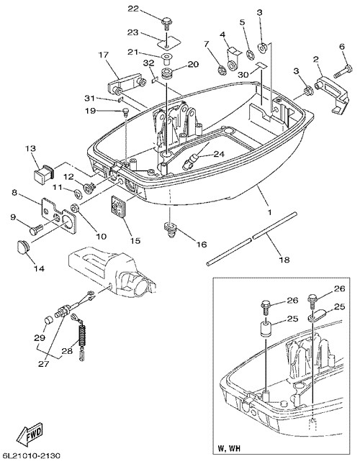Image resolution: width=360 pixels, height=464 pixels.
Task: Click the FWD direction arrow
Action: coord(30,435)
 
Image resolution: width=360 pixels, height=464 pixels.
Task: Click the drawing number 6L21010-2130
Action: coord(32,455)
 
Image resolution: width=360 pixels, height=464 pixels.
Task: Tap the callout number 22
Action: coord(133,9)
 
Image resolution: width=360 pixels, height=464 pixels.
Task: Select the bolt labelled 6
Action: coord(343,70)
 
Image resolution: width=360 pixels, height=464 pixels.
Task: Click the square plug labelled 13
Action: coord(43,172)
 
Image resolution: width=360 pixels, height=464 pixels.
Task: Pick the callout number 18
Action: coord(284,260)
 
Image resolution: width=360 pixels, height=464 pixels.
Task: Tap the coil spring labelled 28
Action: coord(81,337)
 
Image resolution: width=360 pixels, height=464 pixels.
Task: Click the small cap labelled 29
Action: coord(48,321)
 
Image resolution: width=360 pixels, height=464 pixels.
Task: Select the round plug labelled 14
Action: coord(21,246)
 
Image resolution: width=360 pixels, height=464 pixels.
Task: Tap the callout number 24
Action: coord(219,153)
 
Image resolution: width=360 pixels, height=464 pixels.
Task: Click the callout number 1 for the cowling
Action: coord(269,212)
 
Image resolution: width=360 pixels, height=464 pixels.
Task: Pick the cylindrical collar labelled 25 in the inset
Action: coord(266,329)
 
